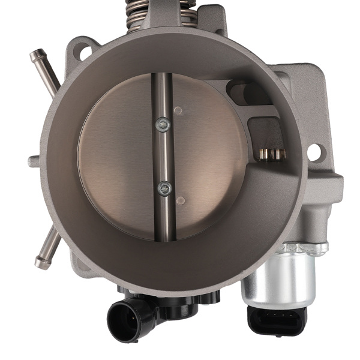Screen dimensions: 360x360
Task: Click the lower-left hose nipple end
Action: pos(41,262)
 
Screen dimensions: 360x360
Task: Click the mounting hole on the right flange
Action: pos(314,152)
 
